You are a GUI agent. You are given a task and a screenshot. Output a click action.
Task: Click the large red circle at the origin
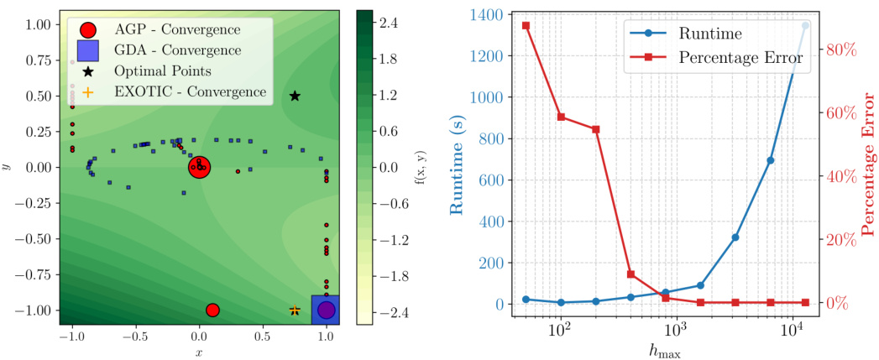(199, 168)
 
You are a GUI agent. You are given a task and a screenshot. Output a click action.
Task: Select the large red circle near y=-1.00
(212, 310)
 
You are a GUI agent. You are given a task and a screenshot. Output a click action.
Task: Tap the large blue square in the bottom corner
(326, 310)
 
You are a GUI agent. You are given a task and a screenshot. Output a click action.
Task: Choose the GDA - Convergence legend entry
(168, 51)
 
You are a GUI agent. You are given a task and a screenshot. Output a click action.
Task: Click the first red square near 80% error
(526, 26)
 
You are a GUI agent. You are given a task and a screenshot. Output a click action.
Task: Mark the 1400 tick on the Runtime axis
(492, 15)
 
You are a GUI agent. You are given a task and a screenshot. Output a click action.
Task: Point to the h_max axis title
(664, 348)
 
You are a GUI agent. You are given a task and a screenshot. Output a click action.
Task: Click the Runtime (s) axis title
(458, 159)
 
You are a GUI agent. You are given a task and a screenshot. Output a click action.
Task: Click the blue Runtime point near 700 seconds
(771, 160)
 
